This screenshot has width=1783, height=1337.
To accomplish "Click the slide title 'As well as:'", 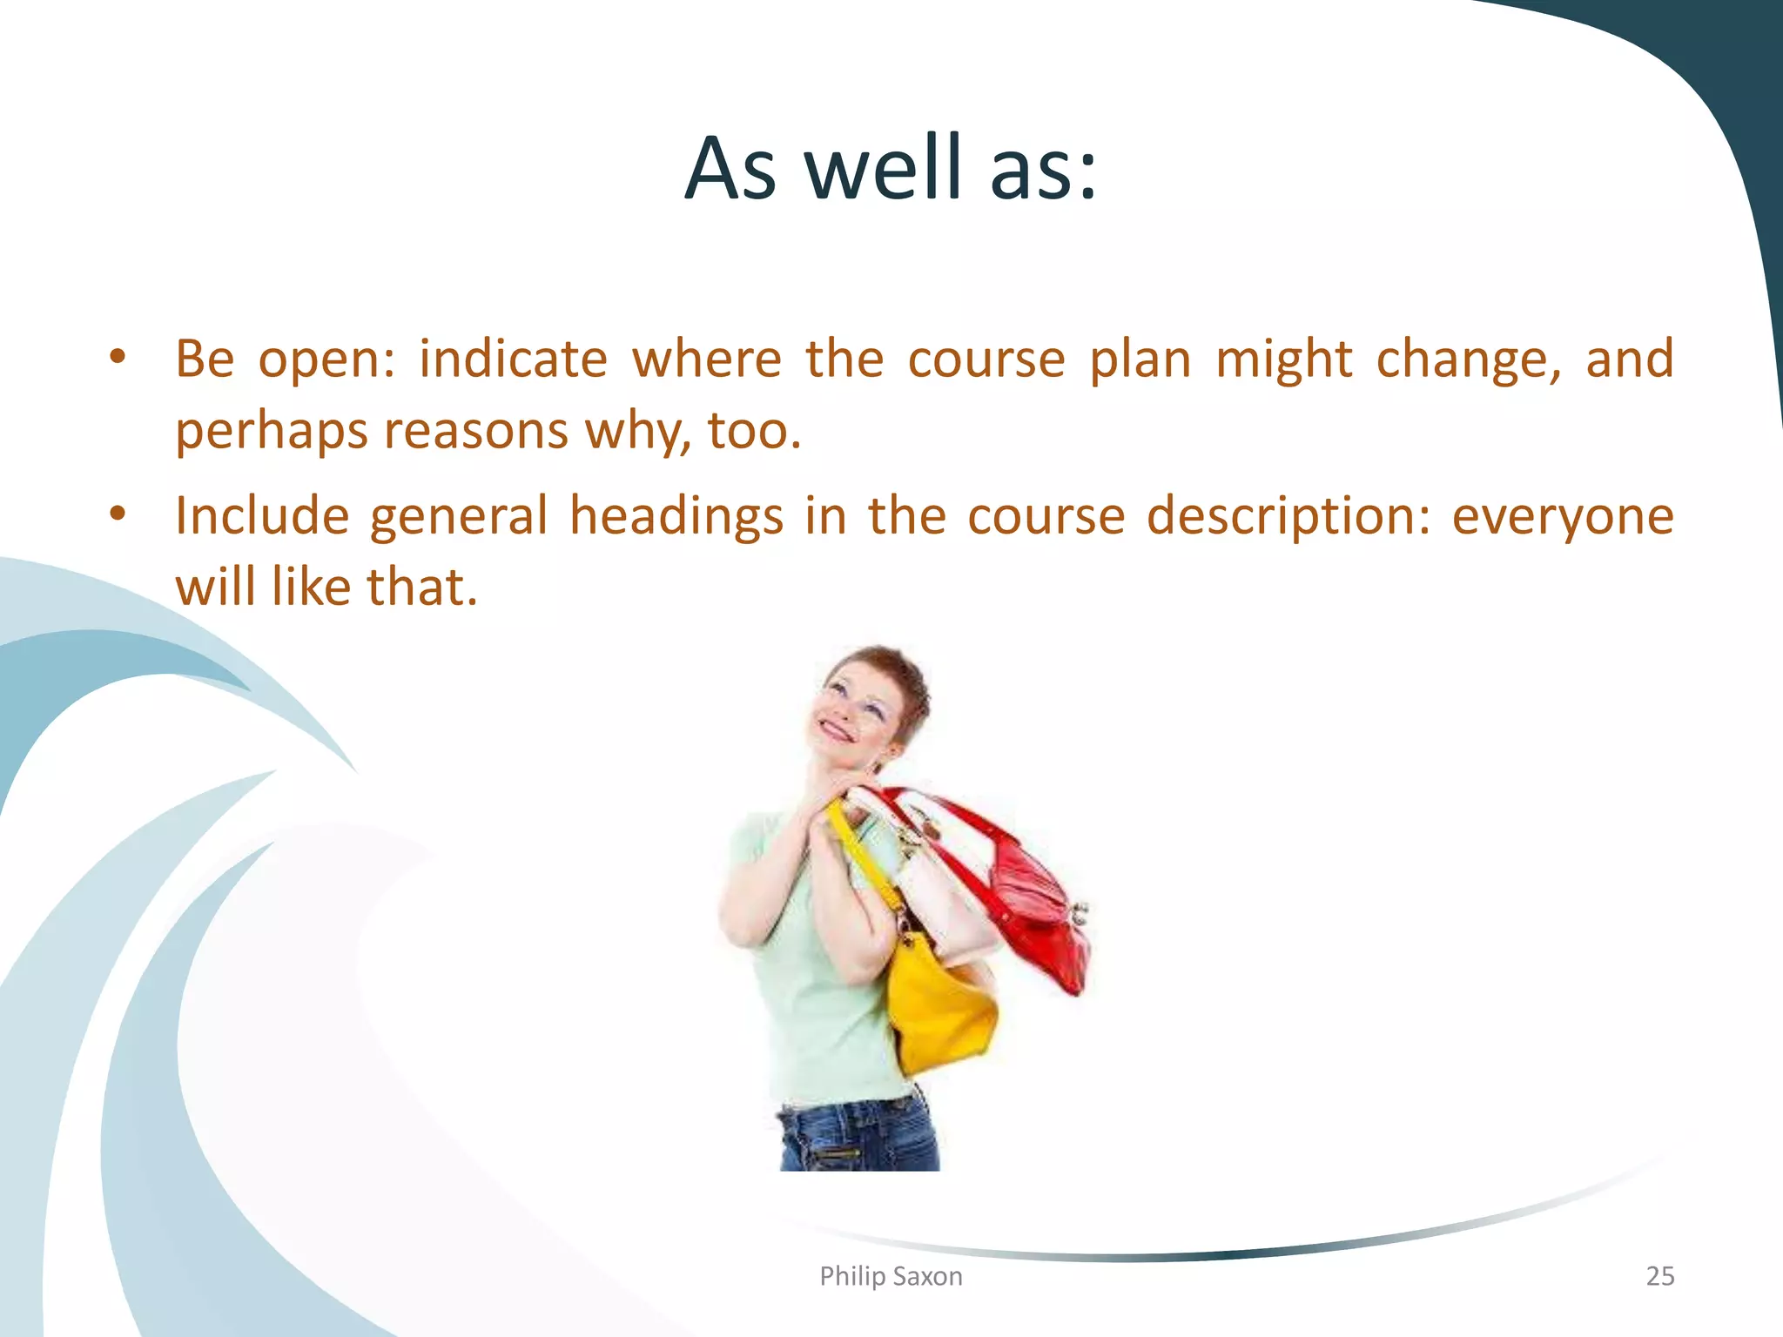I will [891, 167].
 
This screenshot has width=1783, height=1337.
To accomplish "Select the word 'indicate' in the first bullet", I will [513, 359].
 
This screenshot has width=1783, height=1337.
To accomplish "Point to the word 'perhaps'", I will [271, 431].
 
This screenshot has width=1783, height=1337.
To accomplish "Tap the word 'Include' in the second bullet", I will [262, 515].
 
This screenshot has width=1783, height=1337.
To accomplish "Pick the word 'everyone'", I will [1563, 515].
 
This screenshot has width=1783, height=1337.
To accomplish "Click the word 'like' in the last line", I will [309, 587].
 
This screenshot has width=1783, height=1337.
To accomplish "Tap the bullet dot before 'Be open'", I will [118, 357].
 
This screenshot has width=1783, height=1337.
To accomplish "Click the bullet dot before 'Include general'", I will [118, 514].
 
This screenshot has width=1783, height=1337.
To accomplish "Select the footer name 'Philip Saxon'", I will [891, 1276].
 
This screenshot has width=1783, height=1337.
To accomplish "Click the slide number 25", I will [1659, 1276].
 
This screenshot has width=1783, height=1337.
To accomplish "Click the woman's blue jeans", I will [858, 1136].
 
